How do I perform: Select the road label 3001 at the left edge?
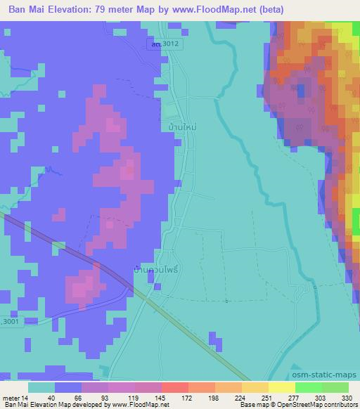[x=8, y=320]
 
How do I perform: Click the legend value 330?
[x=338, y=397]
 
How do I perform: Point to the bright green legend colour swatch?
[x=308, y=387]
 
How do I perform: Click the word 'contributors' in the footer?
[x=341, y=405]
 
